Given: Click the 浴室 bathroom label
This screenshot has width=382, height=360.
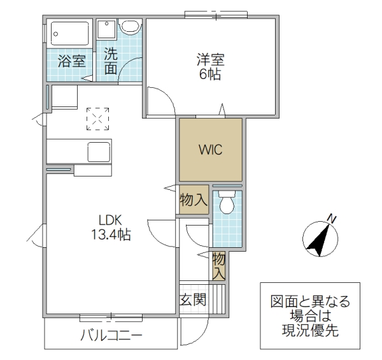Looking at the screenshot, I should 72,61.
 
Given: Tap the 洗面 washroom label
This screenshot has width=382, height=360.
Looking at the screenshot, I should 111,61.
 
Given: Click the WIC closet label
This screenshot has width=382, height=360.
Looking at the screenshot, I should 210,151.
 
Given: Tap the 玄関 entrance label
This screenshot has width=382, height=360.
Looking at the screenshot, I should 192,299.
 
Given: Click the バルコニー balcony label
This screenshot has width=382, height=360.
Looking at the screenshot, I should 111,336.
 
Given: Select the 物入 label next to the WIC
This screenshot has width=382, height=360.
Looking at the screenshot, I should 193,200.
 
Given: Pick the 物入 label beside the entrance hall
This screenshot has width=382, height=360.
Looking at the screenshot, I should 218,266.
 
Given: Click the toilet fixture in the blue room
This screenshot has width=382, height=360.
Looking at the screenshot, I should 227,204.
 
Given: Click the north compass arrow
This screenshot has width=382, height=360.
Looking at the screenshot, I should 320,237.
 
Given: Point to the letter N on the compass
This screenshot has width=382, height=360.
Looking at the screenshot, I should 332,219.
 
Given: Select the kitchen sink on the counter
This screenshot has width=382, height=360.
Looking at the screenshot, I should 99,152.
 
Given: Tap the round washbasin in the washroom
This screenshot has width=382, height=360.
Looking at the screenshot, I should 131,26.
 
